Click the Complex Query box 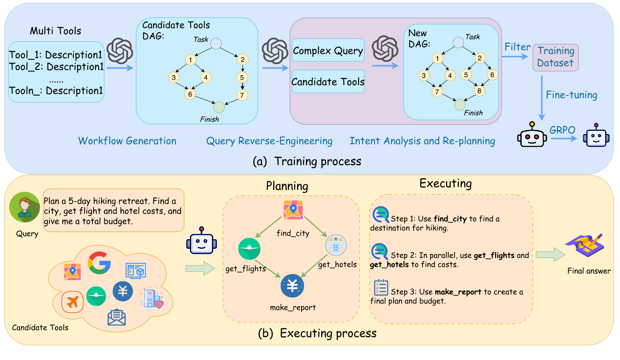point(328,51)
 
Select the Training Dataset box point(555,57)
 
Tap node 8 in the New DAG point(479,91)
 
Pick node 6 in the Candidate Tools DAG point(190,94)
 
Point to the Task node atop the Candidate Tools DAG point(216,44)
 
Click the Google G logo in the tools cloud point(99,263)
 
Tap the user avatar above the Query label point(24,207)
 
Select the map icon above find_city point(293,210)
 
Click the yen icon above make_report point(292,286)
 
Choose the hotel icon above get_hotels point(336,245)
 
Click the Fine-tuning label point(571,95)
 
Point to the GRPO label point(562,130)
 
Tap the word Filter point(517,47)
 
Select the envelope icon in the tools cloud point(116,317)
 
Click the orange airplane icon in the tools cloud point(72,302)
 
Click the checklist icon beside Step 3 point(381,287)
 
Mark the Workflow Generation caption point(127,141)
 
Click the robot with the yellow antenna point(532,135)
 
